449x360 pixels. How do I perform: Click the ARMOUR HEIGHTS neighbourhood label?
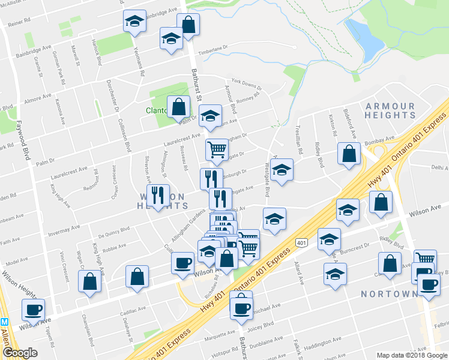point(390,110)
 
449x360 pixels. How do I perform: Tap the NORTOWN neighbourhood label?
point(390,294)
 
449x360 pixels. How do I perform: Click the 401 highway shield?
point(301,242)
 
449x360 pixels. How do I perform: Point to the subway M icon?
point(4,321)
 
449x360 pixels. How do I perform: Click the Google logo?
point(20,353)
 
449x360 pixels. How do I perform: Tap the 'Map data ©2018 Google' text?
point(411,355)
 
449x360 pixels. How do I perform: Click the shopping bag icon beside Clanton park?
point(178,107)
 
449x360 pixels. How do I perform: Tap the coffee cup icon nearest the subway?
point(33,310)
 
